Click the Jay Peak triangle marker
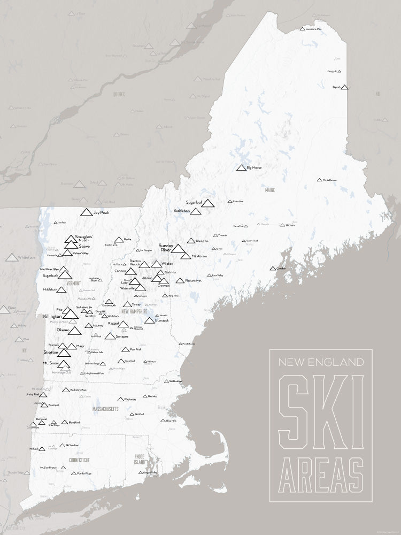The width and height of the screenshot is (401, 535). [x=86, y=212]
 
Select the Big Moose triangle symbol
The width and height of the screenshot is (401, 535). [x=241, y=168]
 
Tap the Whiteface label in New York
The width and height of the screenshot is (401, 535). [x=26, y=258]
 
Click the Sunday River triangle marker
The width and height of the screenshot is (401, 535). [x=178, y=248]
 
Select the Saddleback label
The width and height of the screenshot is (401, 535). [x=182, y=211]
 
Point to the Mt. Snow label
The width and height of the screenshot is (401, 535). [x=51, y=363]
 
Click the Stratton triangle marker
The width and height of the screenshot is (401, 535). [x=64, y=353]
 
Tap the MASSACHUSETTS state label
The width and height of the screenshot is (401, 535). [x=105, y=409]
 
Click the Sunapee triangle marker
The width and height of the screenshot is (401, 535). [x=110, y=337]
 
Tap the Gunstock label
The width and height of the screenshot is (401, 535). [x=162, y=320]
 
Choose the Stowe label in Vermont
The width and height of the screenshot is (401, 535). [x=84, y=246]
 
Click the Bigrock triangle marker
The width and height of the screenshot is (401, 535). [x=344, y=87]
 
